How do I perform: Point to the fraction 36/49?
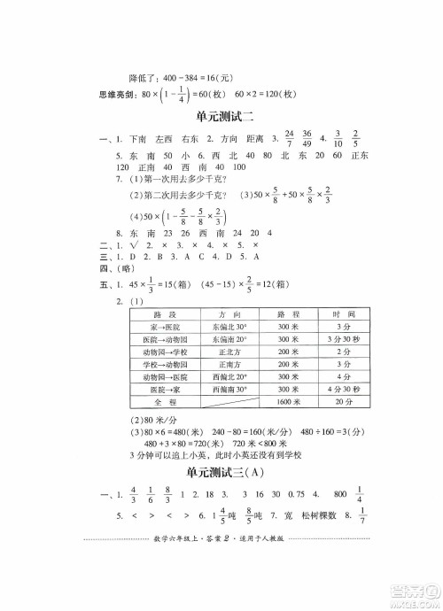click(x=307, y=140)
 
